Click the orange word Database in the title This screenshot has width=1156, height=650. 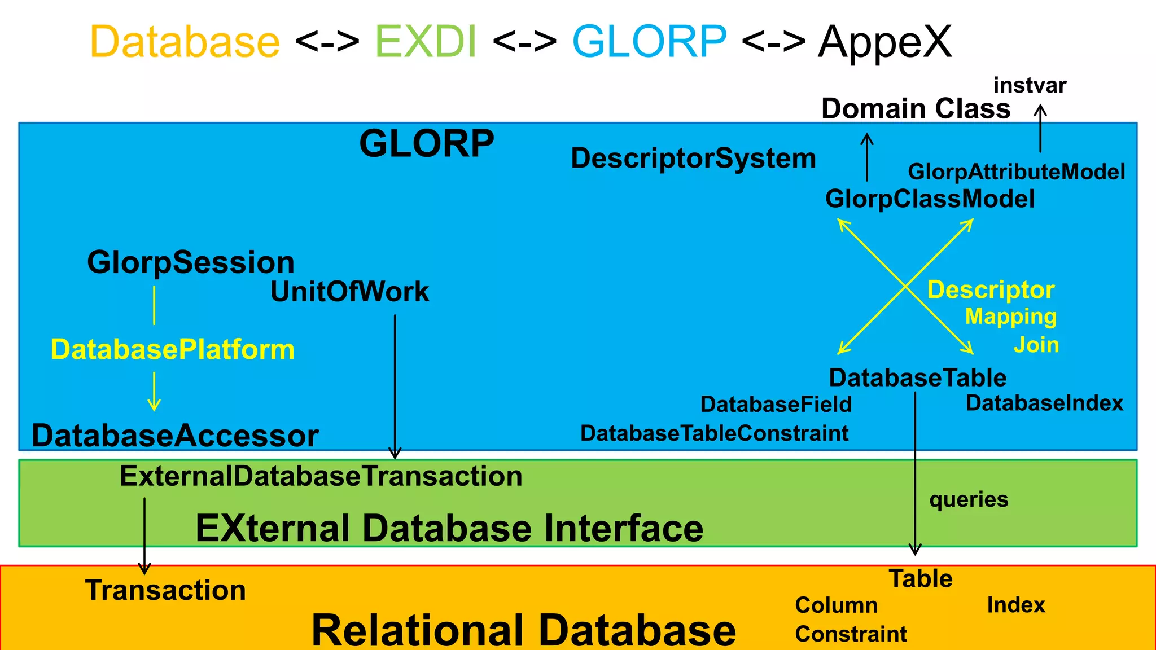[x=185, y=42]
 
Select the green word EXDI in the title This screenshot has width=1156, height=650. [x=426, y=42]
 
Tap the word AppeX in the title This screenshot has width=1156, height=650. [x=884, y=42]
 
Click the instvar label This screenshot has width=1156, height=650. [x=1030, y=85]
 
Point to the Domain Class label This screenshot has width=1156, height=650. [x=916, y=108]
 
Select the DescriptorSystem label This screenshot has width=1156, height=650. [x=693, y=159]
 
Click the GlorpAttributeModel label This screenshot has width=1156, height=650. [x=1016, y=172]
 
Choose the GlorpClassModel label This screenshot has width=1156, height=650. [x=930, y=199]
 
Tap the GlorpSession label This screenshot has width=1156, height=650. [x=191, y=262]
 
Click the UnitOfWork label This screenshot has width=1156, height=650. [x=349, y=292]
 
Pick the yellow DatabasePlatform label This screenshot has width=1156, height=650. [x=173, y=349]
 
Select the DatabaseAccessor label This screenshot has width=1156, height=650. [x=175, y=436]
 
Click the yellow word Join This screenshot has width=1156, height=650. [x=1036, y=345]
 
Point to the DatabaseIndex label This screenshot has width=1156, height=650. [x=1044, y=403]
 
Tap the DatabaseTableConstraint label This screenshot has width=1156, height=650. [x=714, y=433]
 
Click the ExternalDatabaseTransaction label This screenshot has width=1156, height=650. [x=321, y=476]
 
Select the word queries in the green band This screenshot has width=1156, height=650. [x=969, y=499]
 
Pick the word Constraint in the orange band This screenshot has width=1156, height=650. [x=851, y=634]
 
